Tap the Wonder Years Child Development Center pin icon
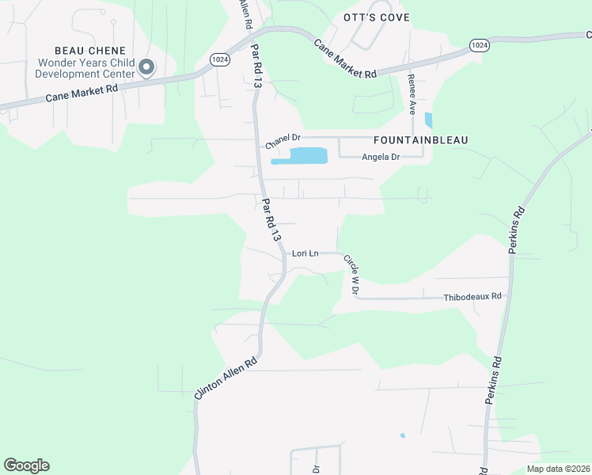click(x=146, y=68)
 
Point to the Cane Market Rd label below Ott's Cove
click(x=345, y=59)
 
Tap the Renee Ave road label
click(x=412, y=93)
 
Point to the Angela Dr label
click(x=381, y=157)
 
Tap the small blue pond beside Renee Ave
click(x=428, y=120)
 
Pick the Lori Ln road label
click(x=305, y=253)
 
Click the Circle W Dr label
click(x=351, y=275)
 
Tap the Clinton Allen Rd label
click(x=226, y=378)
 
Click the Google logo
click(x=26, y=465)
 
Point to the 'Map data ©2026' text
click(x=557, y=469)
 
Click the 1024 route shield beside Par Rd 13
click(x=221, y=59)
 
